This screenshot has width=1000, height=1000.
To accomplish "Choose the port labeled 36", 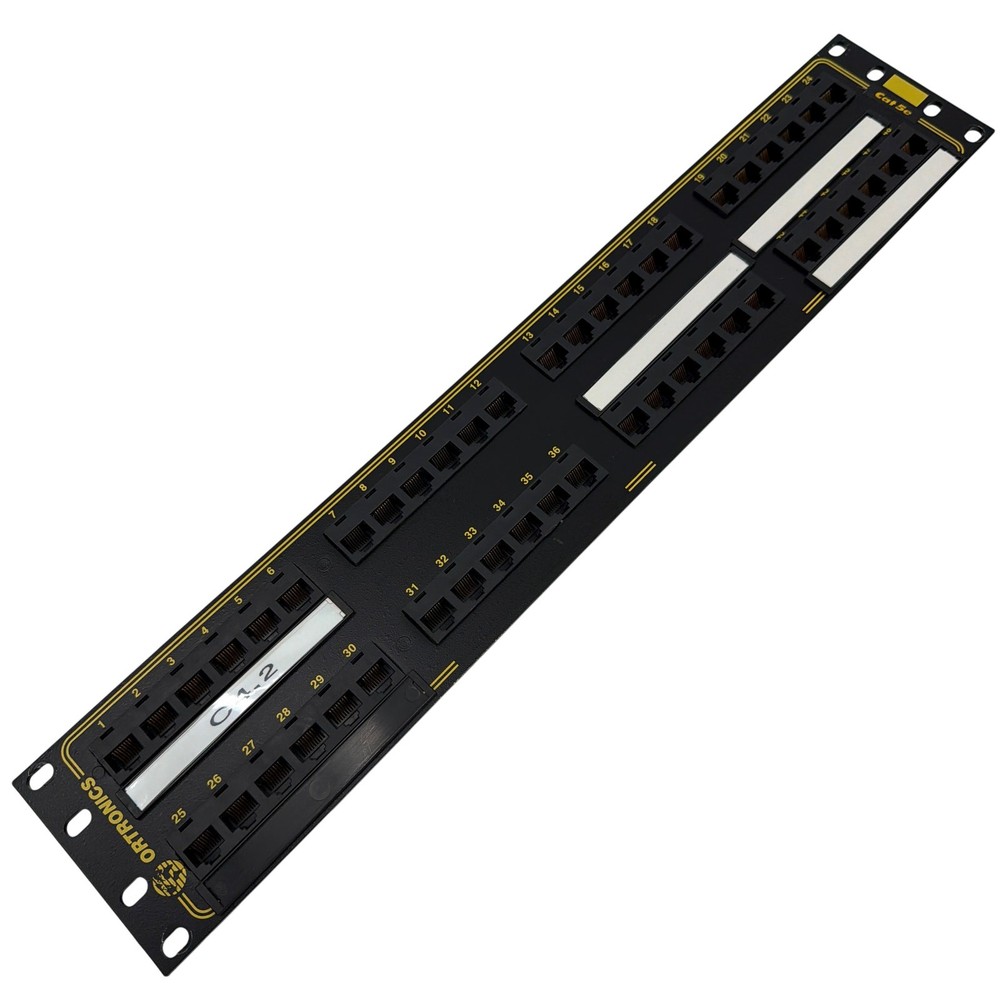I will (x=578, y=478).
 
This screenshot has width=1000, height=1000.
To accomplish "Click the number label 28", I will (x=285, y=714).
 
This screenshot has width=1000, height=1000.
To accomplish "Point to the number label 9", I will (x=391, y=462).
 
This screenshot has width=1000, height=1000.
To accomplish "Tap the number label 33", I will (x=469, y=533).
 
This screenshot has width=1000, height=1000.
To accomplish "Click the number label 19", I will (x=699, y=178).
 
